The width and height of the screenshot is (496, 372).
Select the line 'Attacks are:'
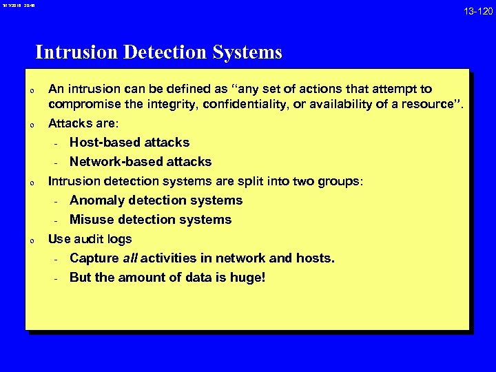click(x=83, y=124)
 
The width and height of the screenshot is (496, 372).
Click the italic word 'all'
click(x=131, y=258)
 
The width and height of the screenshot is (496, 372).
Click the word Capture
click(x=94, y=258)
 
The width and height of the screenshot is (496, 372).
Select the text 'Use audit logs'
click(x=90, y=239)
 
